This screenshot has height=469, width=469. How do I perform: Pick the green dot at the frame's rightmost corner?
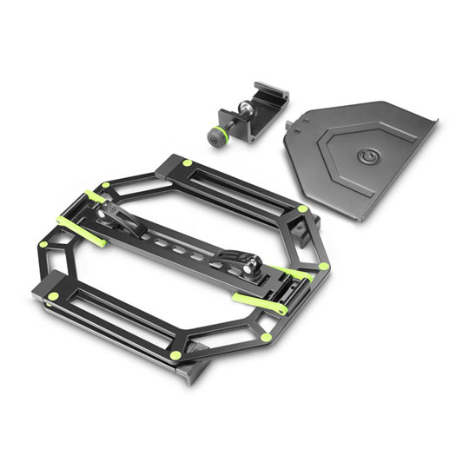324,265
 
